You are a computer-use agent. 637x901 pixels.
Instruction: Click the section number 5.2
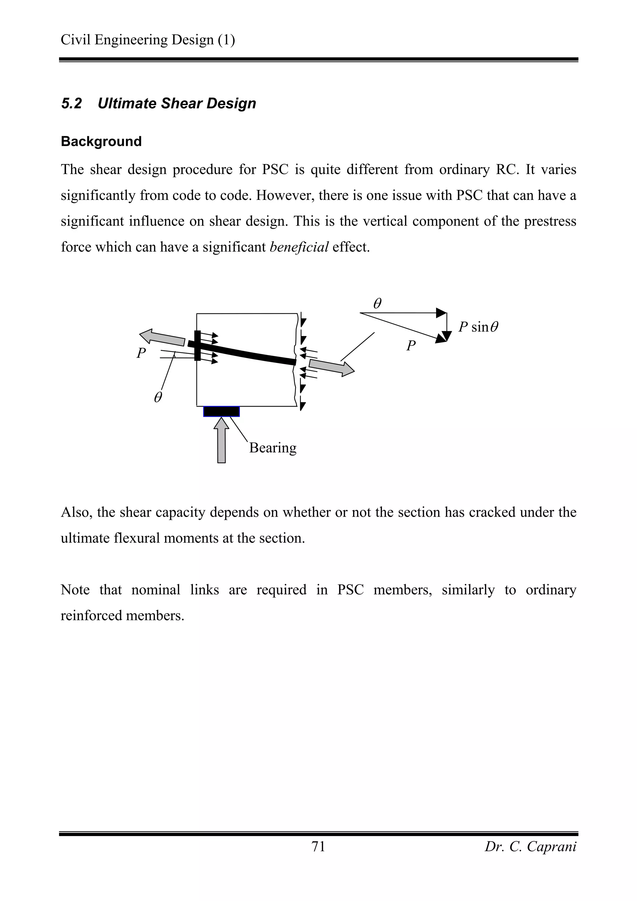pos(72,104)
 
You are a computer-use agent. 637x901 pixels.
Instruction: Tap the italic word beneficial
pos(299,247)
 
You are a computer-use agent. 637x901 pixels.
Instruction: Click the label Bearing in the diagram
pos(272,447)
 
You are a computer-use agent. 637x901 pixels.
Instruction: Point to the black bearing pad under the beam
pos(221,411)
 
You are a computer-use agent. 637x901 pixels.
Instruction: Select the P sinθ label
pos(478,327)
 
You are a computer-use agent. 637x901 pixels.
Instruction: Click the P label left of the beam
pos(141,353)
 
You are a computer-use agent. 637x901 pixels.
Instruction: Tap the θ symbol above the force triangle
pos(377,303)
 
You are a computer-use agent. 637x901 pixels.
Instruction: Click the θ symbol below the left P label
pos(158,398)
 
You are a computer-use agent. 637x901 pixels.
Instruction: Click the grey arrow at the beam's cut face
pos(332,367)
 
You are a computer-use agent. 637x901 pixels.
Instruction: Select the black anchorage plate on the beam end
pos(198,346)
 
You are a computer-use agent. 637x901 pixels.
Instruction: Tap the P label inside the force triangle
pos(411,346)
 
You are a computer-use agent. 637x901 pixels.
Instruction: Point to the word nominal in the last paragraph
pos(156,589)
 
